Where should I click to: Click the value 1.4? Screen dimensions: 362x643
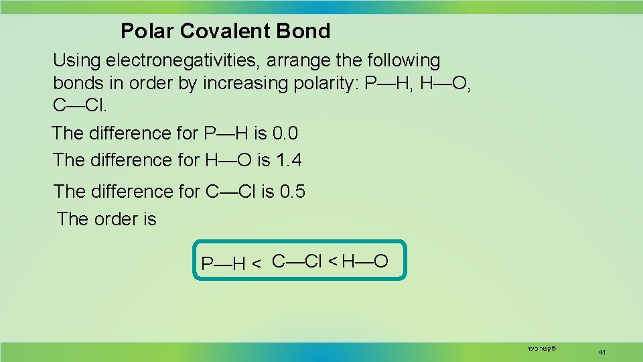click(x=289, y=160)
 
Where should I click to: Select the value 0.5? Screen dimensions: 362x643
click(x=293, y=192)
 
